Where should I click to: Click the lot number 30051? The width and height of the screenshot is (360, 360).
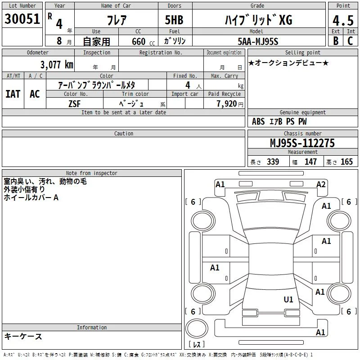point(22,18)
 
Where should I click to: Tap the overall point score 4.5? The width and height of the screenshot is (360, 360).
point(343,20)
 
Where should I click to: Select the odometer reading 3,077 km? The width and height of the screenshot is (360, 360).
point(57,65)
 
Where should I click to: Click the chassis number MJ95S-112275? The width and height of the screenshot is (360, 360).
point(302,143)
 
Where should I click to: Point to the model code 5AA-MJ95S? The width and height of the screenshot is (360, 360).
point(258,41)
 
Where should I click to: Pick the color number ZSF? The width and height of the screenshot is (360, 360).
point(75,104)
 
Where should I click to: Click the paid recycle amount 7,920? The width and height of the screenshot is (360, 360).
point(227,104)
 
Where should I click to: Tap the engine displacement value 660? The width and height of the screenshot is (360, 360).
point(139,41)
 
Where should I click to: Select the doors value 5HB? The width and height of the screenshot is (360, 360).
point(174,20)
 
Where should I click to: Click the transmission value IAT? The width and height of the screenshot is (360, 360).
point(13,94)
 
